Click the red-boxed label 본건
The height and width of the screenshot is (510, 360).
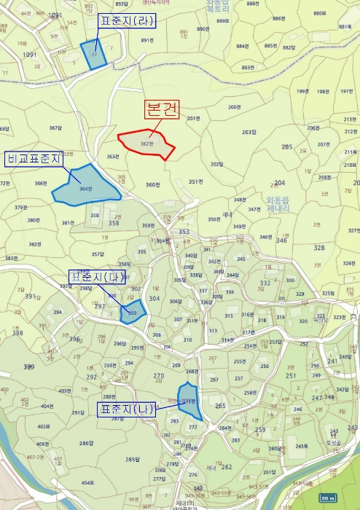[160, 111]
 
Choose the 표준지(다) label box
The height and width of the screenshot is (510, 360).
[97, 277]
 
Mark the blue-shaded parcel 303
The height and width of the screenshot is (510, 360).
[133, 312]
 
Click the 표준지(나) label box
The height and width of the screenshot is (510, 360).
[126, 410]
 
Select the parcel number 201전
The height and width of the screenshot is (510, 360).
[193, 118]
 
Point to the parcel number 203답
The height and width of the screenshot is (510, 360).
[249, 132]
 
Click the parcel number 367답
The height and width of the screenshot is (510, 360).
[56, 128]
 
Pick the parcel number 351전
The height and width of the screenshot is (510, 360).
[195, 181]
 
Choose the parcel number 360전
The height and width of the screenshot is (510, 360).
[152, 184]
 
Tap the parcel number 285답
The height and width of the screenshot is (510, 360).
[132, 459]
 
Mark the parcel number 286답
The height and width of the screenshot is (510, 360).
[86, 443]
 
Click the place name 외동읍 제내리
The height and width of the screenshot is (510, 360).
[278, 202]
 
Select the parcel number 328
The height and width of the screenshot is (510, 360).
[318, 248]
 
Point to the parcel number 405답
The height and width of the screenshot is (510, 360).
[43, 426]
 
